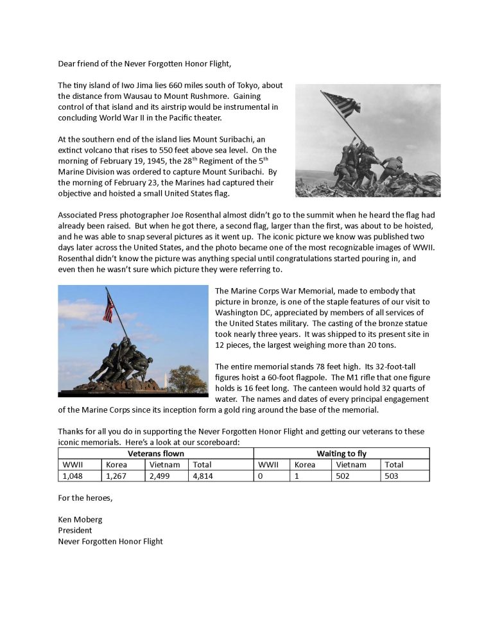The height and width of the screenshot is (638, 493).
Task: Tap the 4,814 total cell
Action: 202,476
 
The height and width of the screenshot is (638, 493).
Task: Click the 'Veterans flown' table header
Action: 156,453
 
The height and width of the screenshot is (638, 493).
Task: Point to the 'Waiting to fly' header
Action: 342,453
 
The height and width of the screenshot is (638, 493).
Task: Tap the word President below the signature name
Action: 75,530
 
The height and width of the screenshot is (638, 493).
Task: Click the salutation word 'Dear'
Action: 67,63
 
